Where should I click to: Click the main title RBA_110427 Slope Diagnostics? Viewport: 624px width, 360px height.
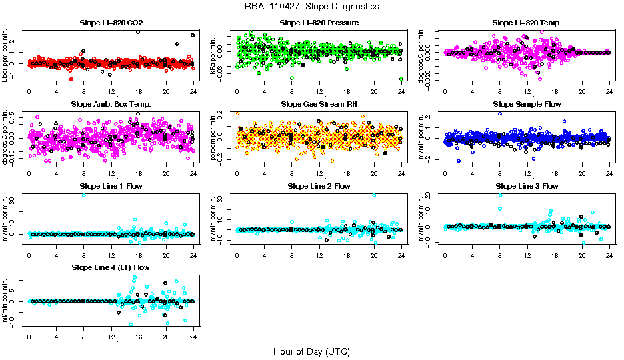(x=311, y=6)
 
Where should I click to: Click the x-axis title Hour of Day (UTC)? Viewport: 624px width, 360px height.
(x=311, y=351)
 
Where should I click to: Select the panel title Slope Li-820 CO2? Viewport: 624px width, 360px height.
(x=111, y=23)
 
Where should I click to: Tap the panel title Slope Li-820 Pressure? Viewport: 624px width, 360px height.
(x=319, y=23)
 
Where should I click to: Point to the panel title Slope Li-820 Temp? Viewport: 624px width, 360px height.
(x=527, y=23)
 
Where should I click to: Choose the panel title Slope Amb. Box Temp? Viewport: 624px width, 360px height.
(x=111, y=105)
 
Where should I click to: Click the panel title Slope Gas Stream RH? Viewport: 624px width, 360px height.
(x=319, y=105)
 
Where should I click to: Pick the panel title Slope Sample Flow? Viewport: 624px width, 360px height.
(x=527, y=105)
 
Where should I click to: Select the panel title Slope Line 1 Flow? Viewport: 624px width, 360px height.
(x=111, y=186)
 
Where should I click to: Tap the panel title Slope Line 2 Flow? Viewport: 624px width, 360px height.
(x=319, y=186)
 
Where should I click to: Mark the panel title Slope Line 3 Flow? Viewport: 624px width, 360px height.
(x=527, y=186)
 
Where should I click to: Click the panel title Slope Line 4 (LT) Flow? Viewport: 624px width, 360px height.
(x=111, y=267)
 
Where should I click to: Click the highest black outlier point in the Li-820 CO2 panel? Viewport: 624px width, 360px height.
(x=138, y=31)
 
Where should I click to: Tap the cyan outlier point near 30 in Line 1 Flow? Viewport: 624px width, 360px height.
(x=84, y=195)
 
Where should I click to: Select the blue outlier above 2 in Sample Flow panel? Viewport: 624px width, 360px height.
(x=500, y=113)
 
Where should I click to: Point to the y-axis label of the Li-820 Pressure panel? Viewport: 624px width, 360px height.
(x=215, y=55)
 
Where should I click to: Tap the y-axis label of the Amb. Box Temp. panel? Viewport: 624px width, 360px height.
(x=6, y=137)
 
